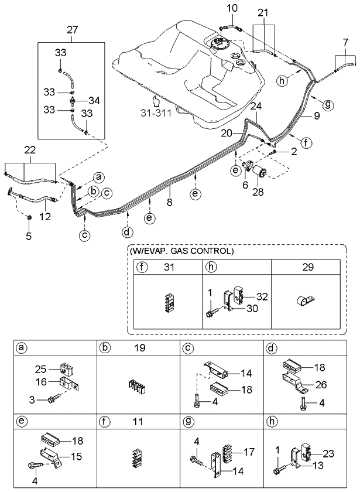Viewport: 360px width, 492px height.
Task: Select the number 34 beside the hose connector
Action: click(93, 100)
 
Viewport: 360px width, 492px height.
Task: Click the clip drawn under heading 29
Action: click(305, 302)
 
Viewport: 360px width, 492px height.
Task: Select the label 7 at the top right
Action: click(346, 43)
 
